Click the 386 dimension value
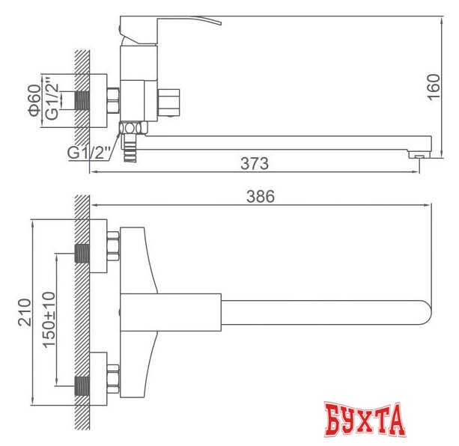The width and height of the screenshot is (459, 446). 261,197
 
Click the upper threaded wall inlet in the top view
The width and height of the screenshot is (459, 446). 83,253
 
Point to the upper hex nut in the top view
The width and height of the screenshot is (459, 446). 115,248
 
